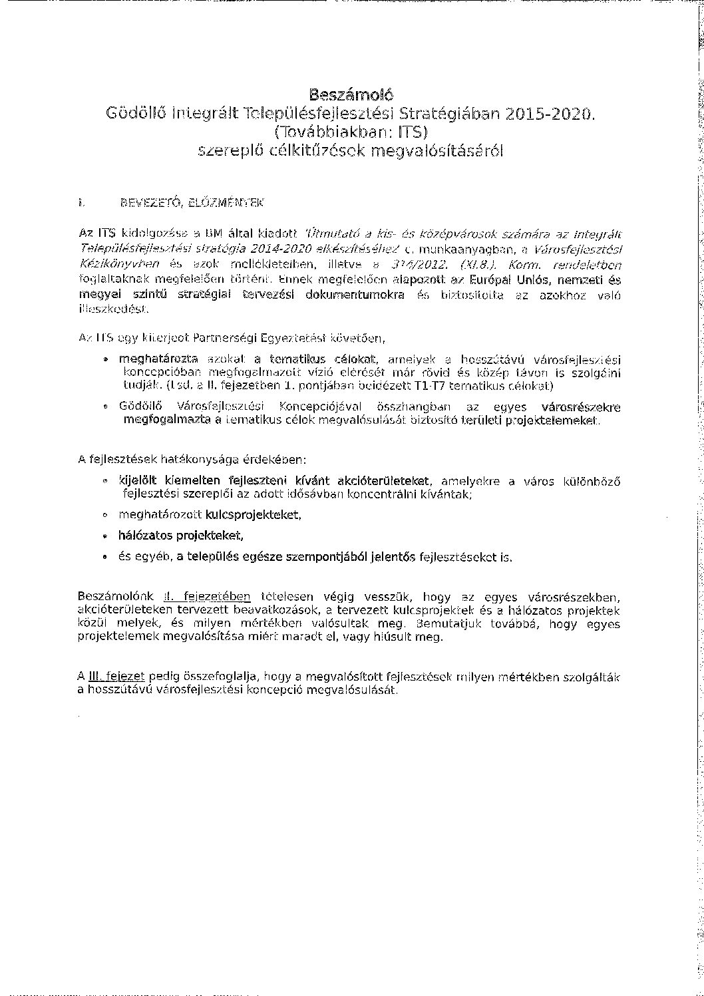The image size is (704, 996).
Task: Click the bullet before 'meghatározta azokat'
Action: coord(104,360)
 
